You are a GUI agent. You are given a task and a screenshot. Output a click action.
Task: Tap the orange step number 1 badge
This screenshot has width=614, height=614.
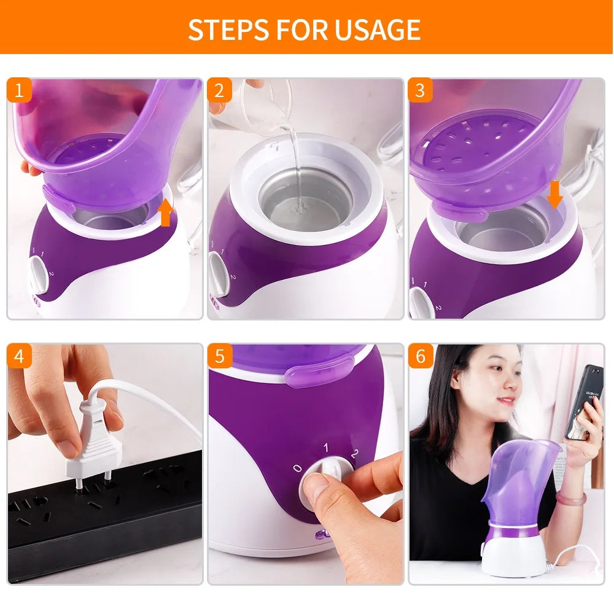[x=19, y=90]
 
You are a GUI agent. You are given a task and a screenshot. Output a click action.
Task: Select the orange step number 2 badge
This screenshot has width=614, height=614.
[x=219, y=90]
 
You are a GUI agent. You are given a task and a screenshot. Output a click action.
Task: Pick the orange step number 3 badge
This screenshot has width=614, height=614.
[x=420, y=90]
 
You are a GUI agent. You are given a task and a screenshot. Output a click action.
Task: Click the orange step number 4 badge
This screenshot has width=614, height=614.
[x=19, y=356]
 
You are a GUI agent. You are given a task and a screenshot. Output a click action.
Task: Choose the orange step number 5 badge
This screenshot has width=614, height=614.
[x=219, y=356]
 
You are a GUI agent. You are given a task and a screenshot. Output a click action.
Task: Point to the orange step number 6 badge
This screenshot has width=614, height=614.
[x=420, y=356]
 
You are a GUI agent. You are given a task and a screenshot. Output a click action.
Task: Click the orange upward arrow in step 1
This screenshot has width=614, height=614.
[x=165, y=214]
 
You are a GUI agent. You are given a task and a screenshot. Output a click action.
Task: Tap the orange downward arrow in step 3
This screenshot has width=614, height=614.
[x=554, y=195]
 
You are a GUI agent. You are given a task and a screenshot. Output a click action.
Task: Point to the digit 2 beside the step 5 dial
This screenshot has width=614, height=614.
[x=353, y=455]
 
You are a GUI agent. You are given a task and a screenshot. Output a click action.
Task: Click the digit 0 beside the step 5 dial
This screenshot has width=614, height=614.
[x=297, y=468]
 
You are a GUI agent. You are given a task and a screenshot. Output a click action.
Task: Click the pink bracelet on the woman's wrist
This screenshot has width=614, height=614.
[x=571, y=497]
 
